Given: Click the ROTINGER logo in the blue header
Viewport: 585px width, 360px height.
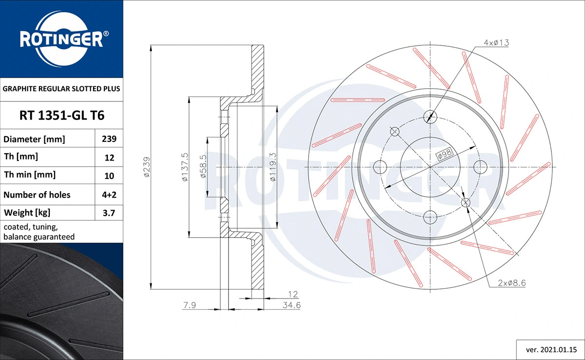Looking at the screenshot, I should tap(61, 39).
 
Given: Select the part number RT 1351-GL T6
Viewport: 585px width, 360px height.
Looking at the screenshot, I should tap(61, 116).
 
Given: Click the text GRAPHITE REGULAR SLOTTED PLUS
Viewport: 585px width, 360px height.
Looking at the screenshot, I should tap(61, 89).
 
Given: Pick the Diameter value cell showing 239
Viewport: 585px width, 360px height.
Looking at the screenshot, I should tap(109, 139).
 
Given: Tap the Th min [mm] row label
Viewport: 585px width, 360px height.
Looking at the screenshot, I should tap(30, 175).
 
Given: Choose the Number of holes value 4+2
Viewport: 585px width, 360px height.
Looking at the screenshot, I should tap(109, 195).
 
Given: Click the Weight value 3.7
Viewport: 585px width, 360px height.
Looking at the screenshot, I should tap(109, 213).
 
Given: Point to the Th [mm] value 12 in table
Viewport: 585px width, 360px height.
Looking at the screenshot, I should tap(109, 158).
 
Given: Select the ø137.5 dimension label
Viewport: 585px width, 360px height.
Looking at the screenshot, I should tap(184, 167).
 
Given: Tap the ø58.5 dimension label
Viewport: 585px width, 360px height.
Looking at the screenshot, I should tap(203, 167).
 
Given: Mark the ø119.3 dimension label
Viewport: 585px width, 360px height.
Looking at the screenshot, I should tap(273, 167).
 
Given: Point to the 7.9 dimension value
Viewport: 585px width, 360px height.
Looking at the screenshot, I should tap(190, 305).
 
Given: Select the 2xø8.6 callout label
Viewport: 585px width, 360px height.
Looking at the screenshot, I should tap(511, 283).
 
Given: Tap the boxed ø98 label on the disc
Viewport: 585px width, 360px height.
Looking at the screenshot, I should tap(445, 155).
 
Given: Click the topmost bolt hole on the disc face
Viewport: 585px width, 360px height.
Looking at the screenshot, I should tap(430, 116).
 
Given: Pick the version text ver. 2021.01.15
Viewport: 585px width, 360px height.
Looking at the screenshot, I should tap(550, 349).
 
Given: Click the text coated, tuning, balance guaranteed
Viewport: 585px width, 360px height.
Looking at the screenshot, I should tap(39, 232).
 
